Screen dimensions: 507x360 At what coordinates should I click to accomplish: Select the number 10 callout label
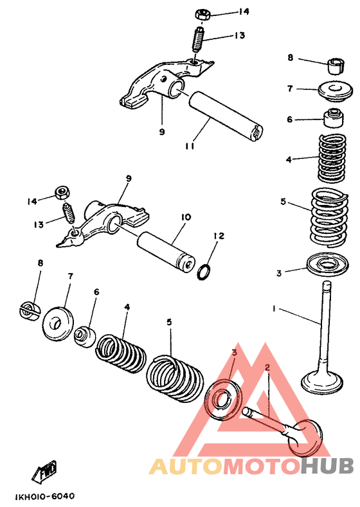185,218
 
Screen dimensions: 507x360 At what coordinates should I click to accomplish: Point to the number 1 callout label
274,309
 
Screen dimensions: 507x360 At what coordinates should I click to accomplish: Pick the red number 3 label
234,353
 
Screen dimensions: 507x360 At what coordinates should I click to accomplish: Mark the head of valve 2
305,436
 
